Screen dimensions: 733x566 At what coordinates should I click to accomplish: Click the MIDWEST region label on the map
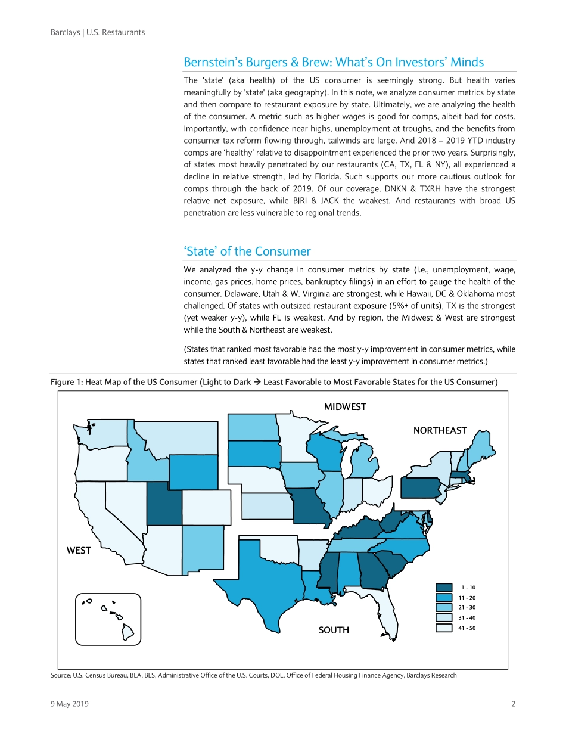(345, 406)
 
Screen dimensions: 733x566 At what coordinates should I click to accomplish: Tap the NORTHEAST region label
(440, 430)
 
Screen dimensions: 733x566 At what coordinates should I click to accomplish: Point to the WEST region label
(79, 550)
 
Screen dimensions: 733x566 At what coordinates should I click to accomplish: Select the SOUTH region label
(334, 630)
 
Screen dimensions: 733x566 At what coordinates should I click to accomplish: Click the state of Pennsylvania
(423, 487)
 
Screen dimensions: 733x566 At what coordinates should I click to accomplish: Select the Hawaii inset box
(108, 619)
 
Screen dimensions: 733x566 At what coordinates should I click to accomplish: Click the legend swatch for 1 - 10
(444, 587)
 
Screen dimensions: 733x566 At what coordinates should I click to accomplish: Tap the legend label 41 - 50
(468, 628)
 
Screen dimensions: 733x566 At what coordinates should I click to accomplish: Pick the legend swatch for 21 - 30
(444, 607)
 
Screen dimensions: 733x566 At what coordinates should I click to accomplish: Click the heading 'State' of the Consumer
(247, 251)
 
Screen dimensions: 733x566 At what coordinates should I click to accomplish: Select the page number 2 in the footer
(513, 704)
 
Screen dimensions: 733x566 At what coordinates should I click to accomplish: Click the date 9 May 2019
(70, 704)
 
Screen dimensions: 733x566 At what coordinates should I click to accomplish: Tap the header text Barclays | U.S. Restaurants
(98, 32)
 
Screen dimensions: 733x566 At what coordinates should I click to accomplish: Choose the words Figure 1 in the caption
(66, 382)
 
